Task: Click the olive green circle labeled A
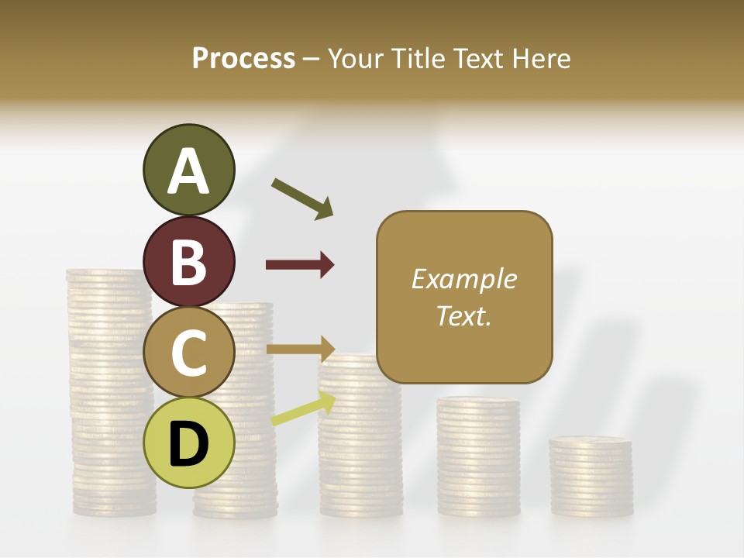coord(188,170)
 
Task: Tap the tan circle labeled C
coord(188,352)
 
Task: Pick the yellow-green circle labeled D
coord(188,443)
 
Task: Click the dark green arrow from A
coord(302,198)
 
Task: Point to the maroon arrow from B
coord(300,265)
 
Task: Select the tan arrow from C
coord(300,349)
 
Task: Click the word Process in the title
coord(243,58)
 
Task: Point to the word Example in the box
coord(463,279)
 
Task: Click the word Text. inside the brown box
coord(463,315)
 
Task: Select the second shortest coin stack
coord(478,457)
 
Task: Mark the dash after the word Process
coord(311,59)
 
